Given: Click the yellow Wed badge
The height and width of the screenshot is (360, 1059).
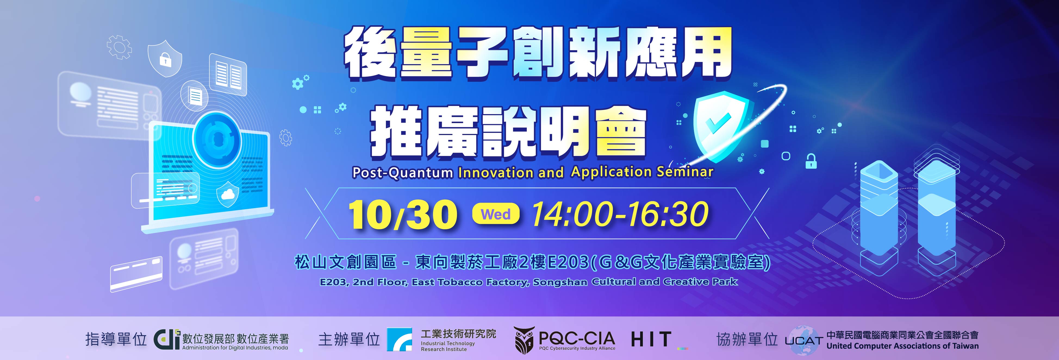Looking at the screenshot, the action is click(496, 214).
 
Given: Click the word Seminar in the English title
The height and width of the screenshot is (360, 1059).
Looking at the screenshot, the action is click(685, 171).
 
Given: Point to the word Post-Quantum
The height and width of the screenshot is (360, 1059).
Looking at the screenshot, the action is click(403, 173).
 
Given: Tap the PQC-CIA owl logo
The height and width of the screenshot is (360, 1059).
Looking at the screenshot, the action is click(525, 340).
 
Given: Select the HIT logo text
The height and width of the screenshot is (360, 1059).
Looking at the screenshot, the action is click(651, 339).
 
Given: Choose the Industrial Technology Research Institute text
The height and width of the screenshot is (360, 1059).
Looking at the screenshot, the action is click(448, 346).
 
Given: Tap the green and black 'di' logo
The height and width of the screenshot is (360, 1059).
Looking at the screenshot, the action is click(167, 339).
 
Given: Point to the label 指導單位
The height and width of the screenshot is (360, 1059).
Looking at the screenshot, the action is click(116, 339).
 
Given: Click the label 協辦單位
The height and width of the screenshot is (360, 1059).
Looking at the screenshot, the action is click(747, 339).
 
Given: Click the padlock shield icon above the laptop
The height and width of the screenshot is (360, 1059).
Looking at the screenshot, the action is click(165, 58).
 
